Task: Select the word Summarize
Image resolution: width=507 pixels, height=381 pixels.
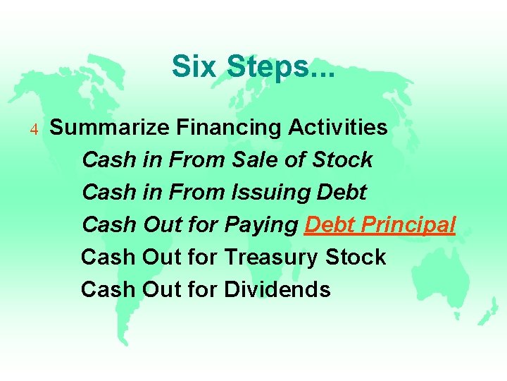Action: [x=109, y=128]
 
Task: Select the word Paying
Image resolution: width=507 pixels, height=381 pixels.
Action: [x=261, y=225]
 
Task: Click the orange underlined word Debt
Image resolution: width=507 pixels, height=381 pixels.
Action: [x=330, y=224]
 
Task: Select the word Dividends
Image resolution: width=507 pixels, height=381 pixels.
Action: [x=277, y=289]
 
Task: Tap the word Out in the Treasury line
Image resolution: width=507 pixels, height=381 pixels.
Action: [x=162, y=257]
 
